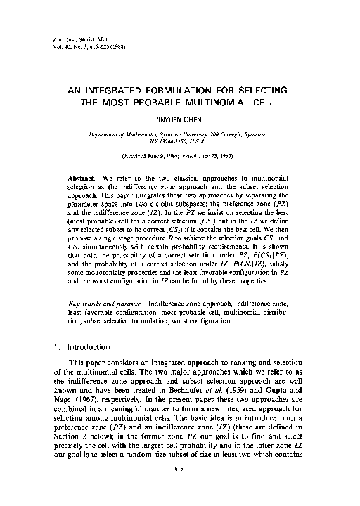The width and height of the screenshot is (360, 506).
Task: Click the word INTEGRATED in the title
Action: pyautogui.click(x=135, y=91)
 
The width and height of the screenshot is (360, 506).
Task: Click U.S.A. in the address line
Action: pyautogui.click(x=202, y=140)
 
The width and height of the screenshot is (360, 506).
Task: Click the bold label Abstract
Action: pyautogui.click(x=80, y=172)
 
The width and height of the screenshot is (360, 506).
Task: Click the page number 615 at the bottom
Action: pyautogui.click(x=180, y=490)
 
